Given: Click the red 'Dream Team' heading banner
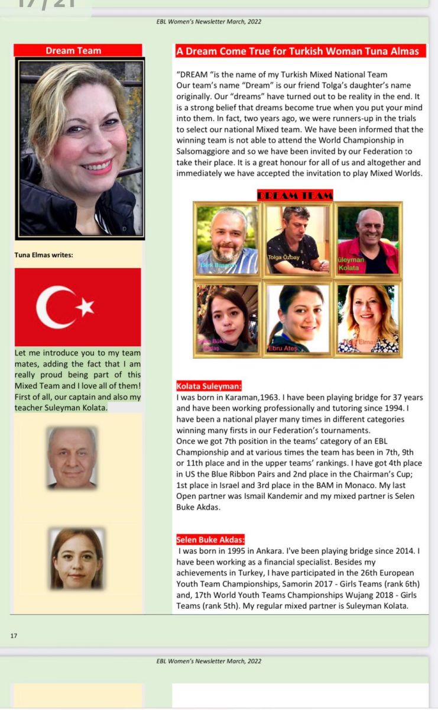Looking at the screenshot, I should tap(77, 51).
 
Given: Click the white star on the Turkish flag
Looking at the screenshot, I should tap(86, 306).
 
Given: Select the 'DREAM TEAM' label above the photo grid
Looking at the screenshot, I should tap(295, 195).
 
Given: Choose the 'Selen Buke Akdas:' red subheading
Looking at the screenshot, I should tap(210, 540).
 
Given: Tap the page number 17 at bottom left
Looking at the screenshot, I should tap(14, 636).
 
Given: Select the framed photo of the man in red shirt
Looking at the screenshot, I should tap(368, 239).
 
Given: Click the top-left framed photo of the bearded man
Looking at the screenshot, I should tap(228, 239).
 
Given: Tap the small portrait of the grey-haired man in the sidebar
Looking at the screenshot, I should tap(72, 458).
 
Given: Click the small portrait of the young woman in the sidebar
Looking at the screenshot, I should tap(76, 559).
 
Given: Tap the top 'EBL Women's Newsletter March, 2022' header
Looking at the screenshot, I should tap(219, 22).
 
